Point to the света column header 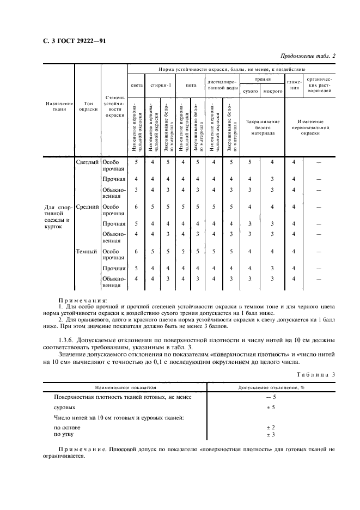coord(136,86)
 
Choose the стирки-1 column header coord(162,86)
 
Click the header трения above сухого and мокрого coord(263,80)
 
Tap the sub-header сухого coord(250,92)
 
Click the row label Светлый coord(88,162)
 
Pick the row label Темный coord(88,252)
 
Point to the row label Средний coord(88,207)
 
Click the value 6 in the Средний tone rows coord(136,207)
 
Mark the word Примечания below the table coord(82,300)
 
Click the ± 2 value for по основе coord(271,427)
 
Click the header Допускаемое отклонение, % coord(271,387)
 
